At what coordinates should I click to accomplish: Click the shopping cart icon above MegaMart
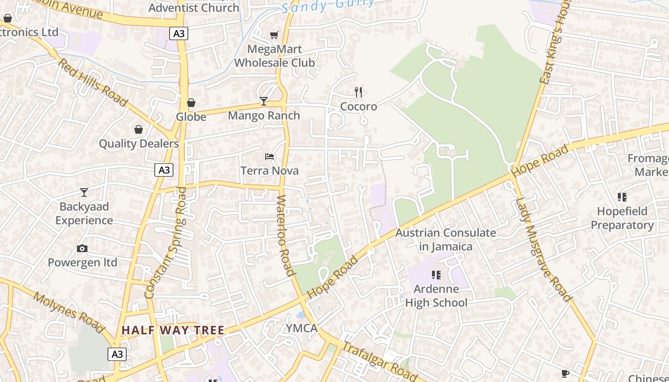coord(274,35)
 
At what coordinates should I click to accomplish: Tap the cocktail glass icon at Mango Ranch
coord(263,101)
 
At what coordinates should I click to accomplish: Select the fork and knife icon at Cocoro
coord(358,92)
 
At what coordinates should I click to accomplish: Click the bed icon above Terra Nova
coord(270,157)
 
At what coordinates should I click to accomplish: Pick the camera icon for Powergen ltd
coord(82,248)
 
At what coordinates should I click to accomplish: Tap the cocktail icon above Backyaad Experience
coord(84,192)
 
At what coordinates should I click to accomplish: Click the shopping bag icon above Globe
coord(191,103)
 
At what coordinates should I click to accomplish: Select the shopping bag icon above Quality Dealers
coord(139,129)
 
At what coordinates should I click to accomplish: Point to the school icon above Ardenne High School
coord(436,275)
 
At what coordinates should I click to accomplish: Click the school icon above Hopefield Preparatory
coord(622,197)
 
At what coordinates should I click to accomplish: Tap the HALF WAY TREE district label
coord(173,330)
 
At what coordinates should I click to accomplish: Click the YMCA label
coord(302,328)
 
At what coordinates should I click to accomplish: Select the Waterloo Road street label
coord(285,235)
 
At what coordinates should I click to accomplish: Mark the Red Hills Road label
coord(93,83)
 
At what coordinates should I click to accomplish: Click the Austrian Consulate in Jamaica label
coord(446,240)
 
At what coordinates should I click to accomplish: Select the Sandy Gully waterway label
coord(328,6)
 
